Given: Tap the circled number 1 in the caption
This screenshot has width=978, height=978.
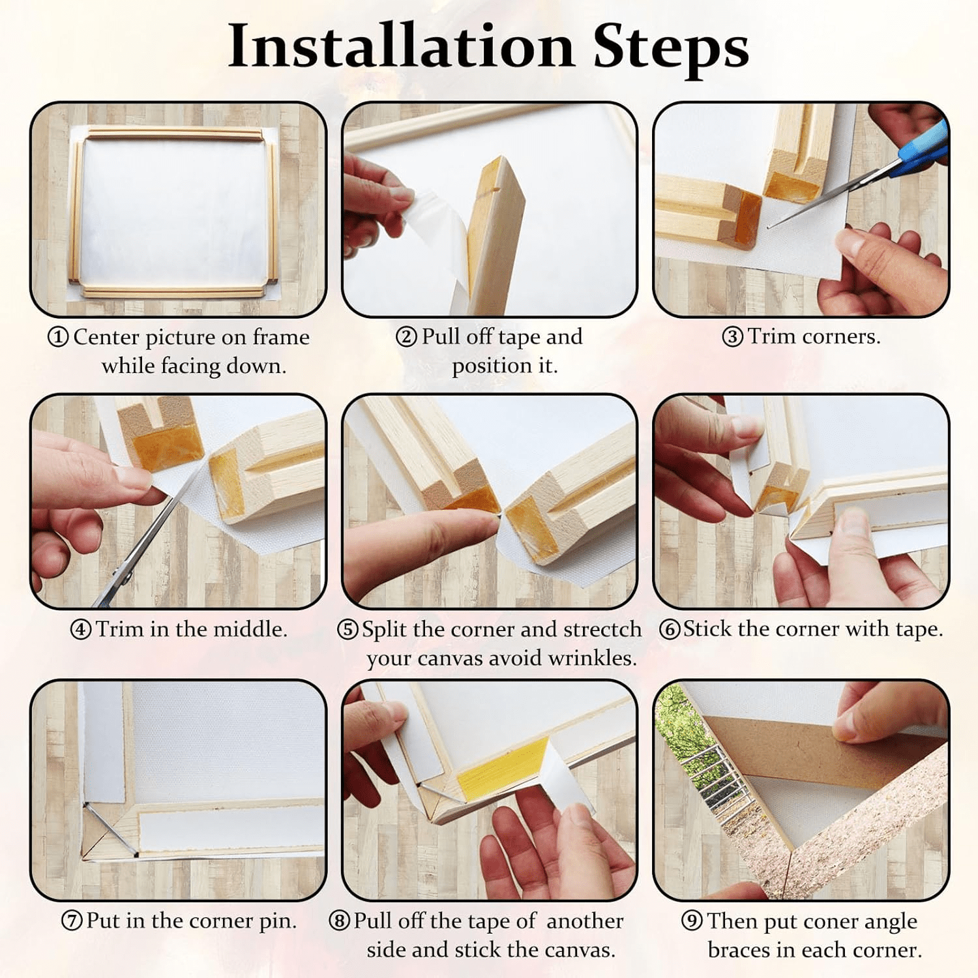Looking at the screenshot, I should (x=58, y=337).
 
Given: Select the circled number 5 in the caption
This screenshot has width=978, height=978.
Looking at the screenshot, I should (x=348, y=629).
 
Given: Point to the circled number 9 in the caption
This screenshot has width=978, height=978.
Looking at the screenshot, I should (x=692, y=921).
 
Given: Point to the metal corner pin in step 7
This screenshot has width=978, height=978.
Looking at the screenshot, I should (x=111, y=828).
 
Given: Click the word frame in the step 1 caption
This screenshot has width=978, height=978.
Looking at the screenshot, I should (x=280, y=337).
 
